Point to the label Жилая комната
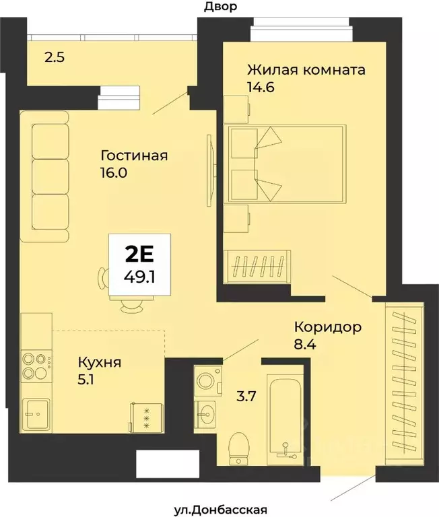(306, 70)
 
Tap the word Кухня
(100, 363)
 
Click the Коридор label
(328, 327)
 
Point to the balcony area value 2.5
(55, 57)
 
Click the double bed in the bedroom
(285, 163)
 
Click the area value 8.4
(305, 347)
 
